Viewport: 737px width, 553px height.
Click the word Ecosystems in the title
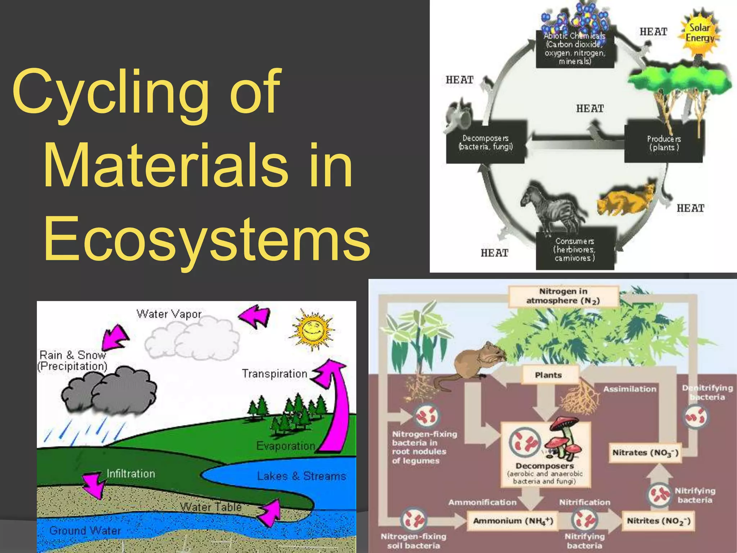coord(207,239)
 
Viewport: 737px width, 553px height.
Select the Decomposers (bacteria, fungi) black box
coord(486,143)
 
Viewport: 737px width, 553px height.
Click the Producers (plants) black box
coord(664,143)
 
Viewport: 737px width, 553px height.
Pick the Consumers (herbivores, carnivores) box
coord(575,250)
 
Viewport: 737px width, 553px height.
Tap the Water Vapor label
coord(169,314)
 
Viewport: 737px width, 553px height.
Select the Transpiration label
coord(274,374)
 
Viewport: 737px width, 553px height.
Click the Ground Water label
coord(85,530)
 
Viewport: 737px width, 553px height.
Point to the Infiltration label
coord(131,474)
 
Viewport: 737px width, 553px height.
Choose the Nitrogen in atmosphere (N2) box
coord(563,296)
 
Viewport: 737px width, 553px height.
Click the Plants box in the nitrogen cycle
coord(548,375)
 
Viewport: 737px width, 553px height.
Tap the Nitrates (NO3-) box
coord(645,453)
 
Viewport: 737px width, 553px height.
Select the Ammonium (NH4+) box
coord(513,521)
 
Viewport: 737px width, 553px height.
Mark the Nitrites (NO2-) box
coord(659,521)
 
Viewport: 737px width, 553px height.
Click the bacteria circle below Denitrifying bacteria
coord(695,417)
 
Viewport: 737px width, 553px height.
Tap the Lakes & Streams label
coord(301,476)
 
